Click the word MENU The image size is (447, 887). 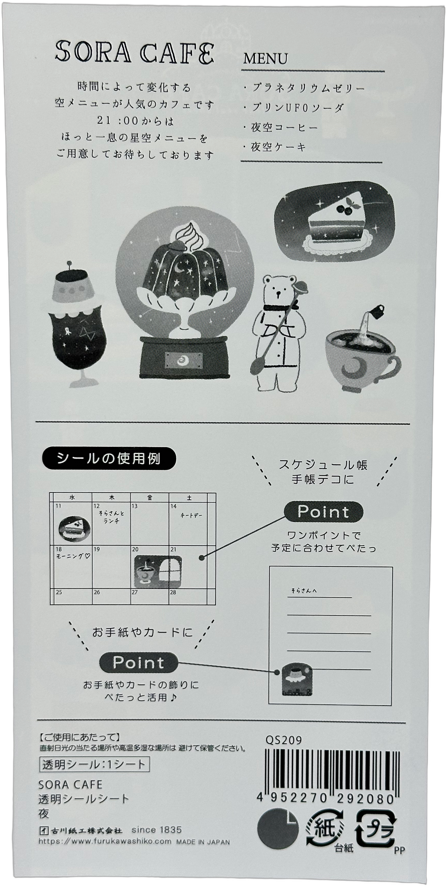coord(265,59)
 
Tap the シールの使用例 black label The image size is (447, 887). coord(109,458)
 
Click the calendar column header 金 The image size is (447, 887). coord(149,498)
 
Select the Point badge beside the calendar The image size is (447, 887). coord(323,512)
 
